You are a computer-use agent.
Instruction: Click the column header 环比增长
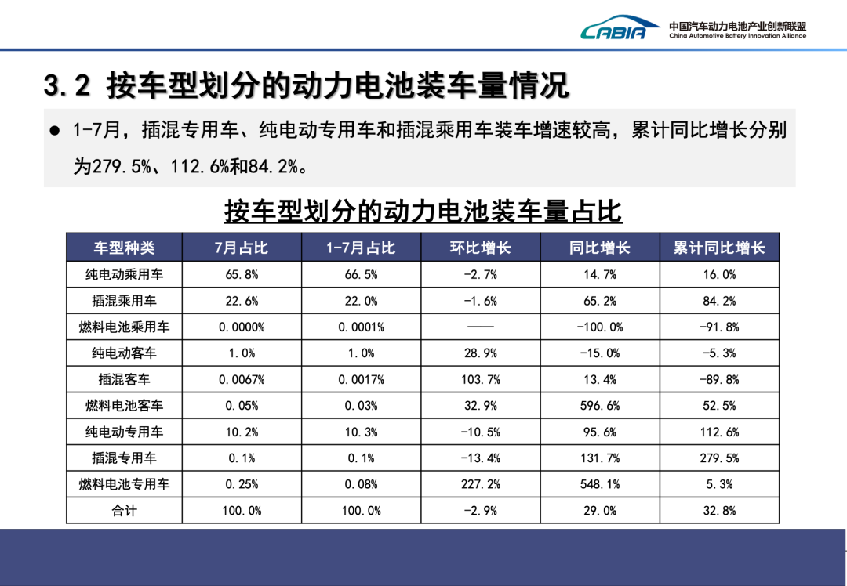pyautogui.click(x=480, y=248)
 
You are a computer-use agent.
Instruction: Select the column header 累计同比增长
pyautogui.click(x=719, y=248)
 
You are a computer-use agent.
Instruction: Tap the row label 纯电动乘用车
pyautogui.click(x=124, y=274)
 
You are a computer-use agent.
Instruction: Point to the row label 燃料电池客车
pyautogui.click(x=124, y=406)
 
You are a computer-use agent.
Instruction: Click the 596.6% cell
pyautogui.click(x=600, y=406)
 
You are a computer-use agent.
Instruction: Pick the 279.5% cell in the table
pyautogui.click(x=719, y=458)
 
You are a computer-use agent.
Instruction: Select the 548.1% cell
pyautogui.click(x=600, y=484)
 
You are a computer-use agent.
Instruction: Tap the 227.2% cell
pyautogui.click(x=480, y=484)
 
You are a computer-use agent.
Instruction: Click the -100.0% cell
pyautogui.click(x=600, y=327)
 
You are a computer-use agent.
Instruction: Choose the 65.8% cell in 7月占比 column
pyautogui.click(x=242, y=274)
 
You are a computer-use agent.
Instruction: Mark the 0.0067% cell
pyautogui.click(x=242, y=379)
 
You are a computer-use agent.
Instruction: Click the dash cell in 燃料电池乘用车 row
pyautogui.click(x=480, y=327)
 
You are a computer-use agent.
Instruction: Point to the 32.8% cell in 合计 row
pyautogui.click(x=719, y=511)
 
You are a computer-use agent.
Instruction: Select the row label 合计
pyautogui.click(x=124, y=511)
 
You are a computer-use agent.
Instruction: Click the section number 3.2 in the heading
pyautogui.click(x=67, y=87)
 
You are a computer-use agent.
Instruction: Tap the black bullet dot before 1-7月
pyautogui.click(x=55, y=130)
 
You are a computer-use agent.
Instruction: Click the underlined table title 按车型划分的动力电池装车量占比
pyautogui.click(x=423, y=212)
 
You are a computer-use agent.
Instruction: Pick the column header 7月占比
pyautogui.click(x=242, y=248)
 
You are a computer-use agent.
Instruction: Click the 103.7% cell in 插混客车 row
pyautogui.click(x=480, y=379)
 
